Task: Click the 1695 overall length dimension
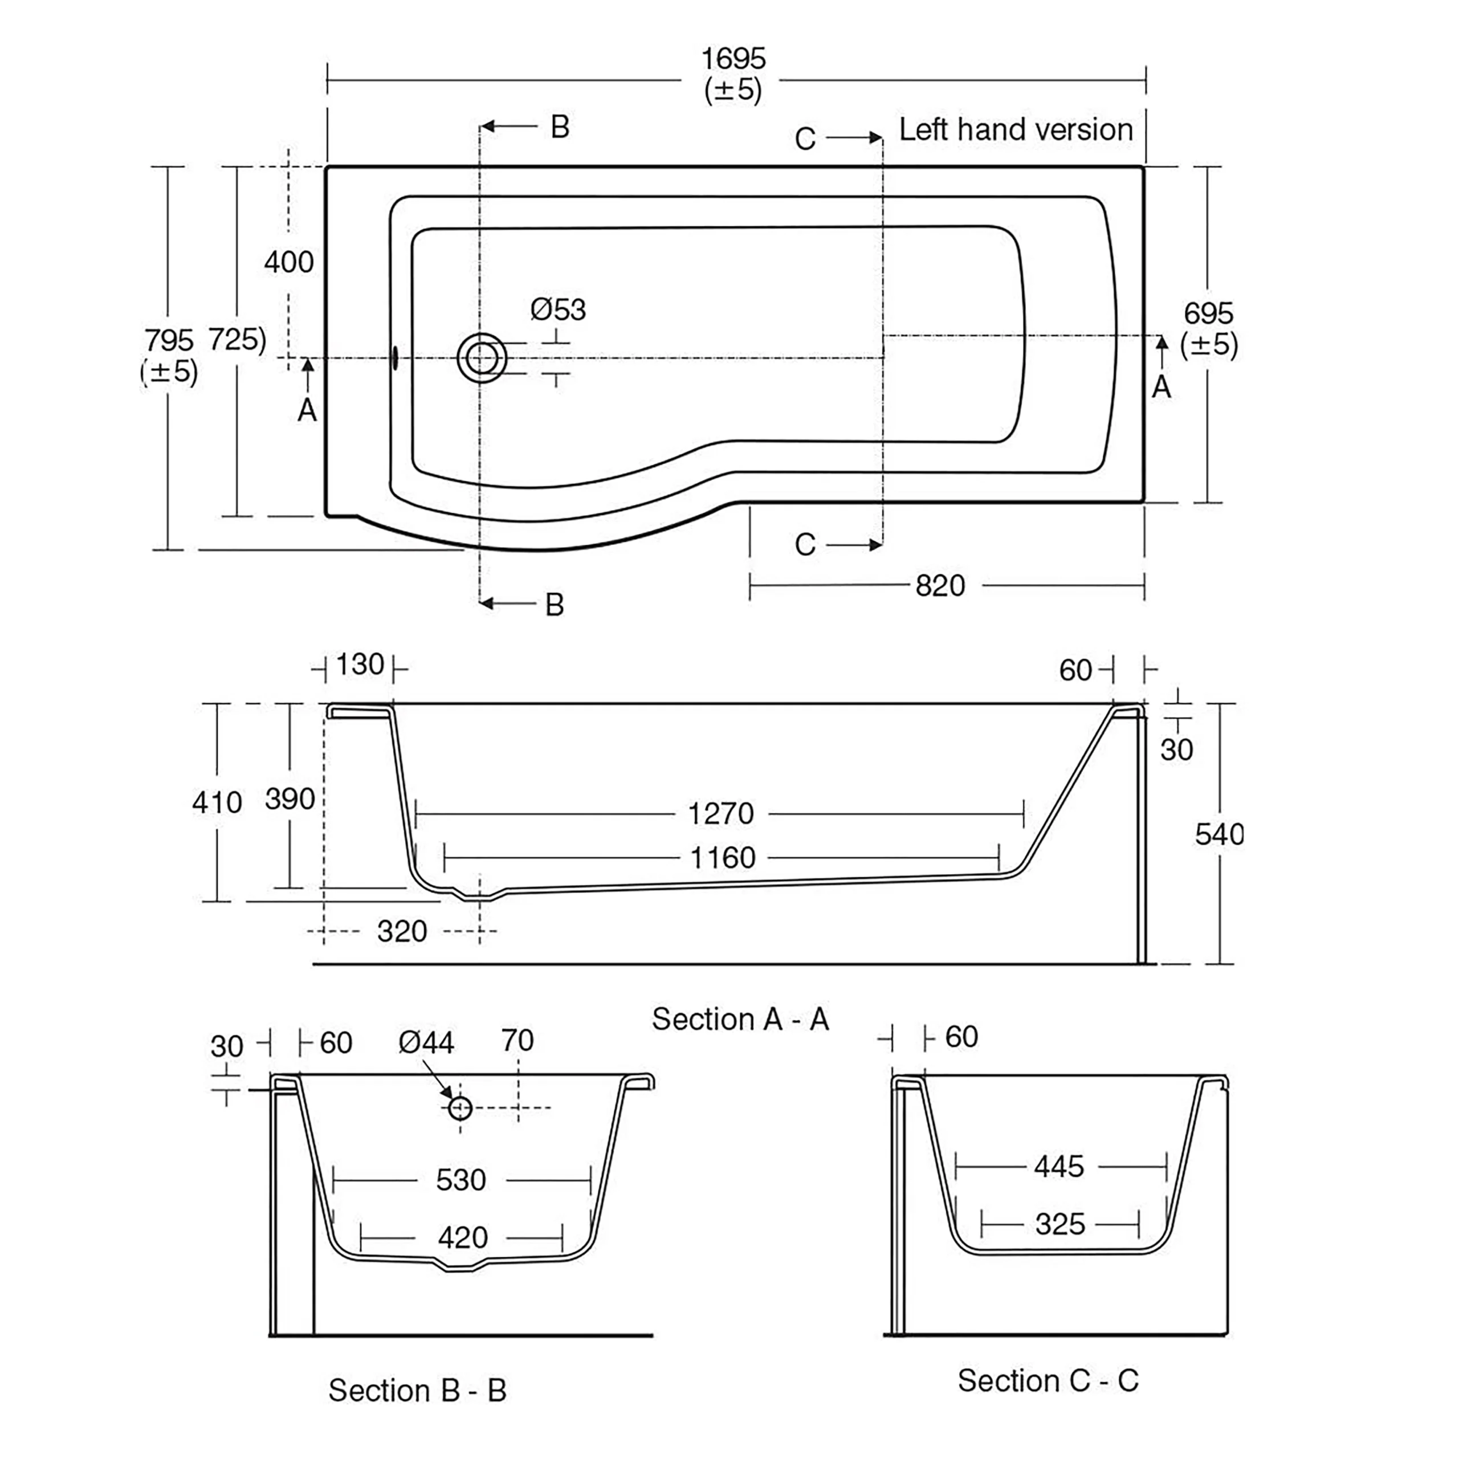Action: [732, 59]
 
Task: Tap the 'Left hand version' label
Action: [1015, 130]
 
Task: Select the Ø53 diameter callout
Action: [557, 309]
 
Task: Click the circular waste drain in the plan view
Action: [482, 358]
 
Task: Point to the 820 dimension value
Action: [940, 586]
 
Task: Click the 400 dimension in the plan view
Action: [288, 263]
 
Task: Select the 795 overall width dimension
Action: [169, 341]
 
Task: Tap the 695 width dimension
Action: [1208, 313]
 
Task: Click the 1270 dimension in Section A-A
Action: [720, 814]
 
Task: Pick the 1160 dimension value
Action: [723, 858]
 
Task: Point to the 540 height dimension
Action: [1218, 834]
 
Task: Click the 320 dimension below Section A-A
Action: [402, 932]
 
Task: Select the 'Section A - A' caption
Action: [740, 1020]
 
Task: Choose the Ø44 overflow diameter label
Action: [426, 1044]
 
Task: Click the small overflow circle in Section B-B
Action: [460, 1108]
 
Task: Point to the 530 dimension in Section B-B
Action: [460, 1180]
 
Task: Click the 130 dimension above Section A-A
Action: [360, 665]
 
